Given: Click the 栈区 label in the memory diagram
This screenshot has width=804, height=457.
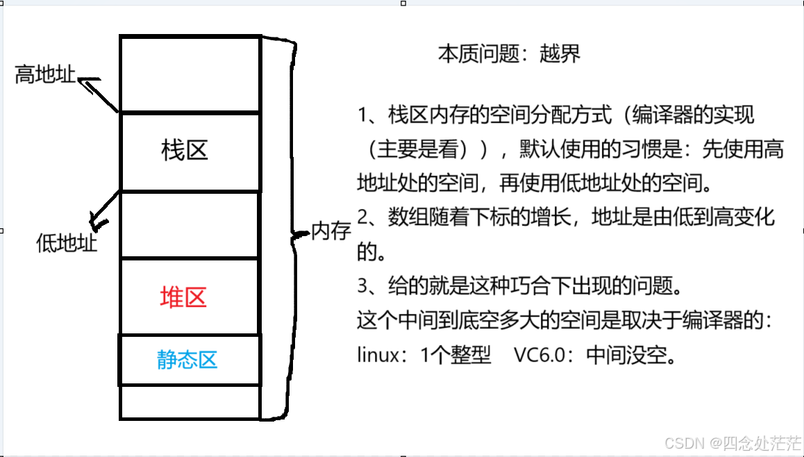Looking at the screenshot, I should tap(185, 150).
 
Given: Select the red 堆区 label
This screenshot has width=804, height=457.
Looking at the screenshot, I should tap(183, 297).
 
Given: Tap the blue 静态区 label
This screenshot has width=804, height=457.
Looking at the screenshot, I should tap(187, 359).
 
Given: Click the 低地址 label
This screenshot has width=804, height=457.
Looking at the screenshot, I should tap(67, 243).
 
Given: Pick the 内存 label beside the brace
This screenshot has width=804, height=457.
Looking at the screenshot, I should tap(331, 231).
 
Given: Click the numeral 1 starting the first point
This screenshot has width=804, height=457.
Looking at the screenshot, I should tap(362, 115).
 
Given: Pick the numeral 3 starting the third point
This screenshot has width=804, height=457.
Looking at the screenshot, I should tap(362, 286).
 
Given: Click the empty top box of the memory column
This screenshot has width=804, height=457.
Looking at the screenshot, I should tap(190, 74).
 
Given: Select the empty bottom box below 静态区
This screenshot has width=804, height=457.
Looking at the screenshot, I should tap(190, 402).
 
